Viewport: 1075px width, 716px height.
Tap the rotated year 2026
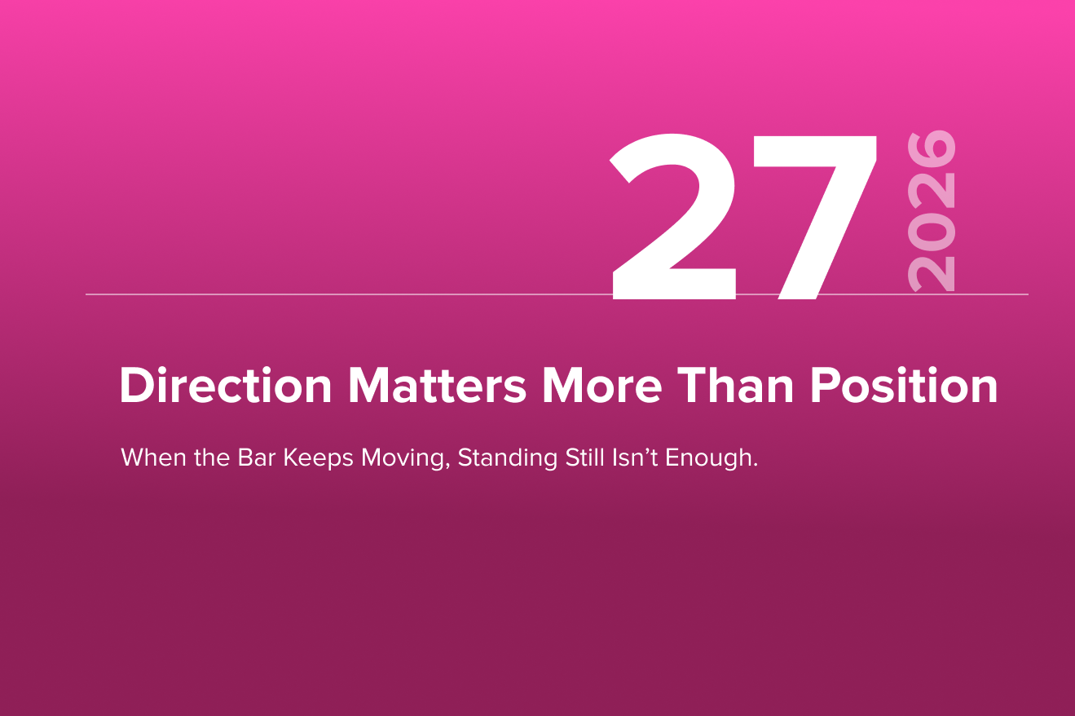931,211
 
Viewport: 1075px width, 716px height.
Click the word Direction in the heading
226,386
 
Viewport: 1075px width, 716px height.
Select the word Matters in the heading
437,386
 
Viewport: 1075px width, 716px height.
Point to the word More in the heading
602,386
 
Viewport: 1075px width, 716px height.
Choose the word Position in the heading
904,386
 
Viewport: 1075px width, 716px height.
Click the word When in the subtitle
153,457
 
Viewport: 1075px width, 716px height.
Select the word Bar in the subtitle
256,457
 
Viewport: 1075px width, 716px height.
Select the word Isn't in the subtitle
635,457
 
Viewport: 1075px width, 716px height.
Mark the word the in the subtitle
212,457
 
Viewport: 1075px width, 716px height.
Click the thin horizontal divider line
557,294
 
